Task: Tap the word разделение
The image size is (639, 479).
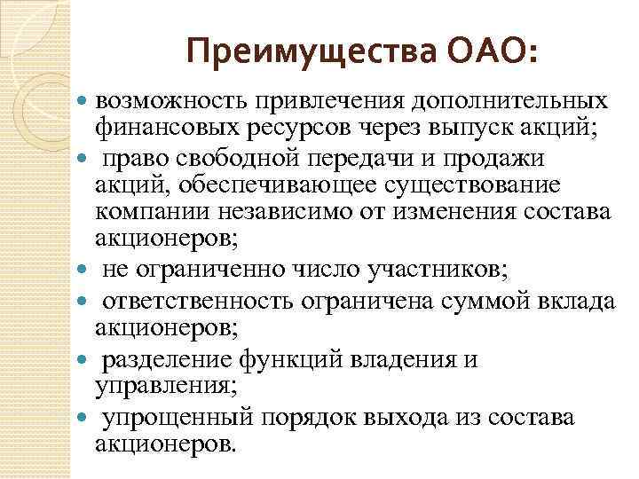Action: tap(168, 361)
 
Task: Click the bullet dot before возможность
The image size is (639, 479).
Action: tap(84, 102)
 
